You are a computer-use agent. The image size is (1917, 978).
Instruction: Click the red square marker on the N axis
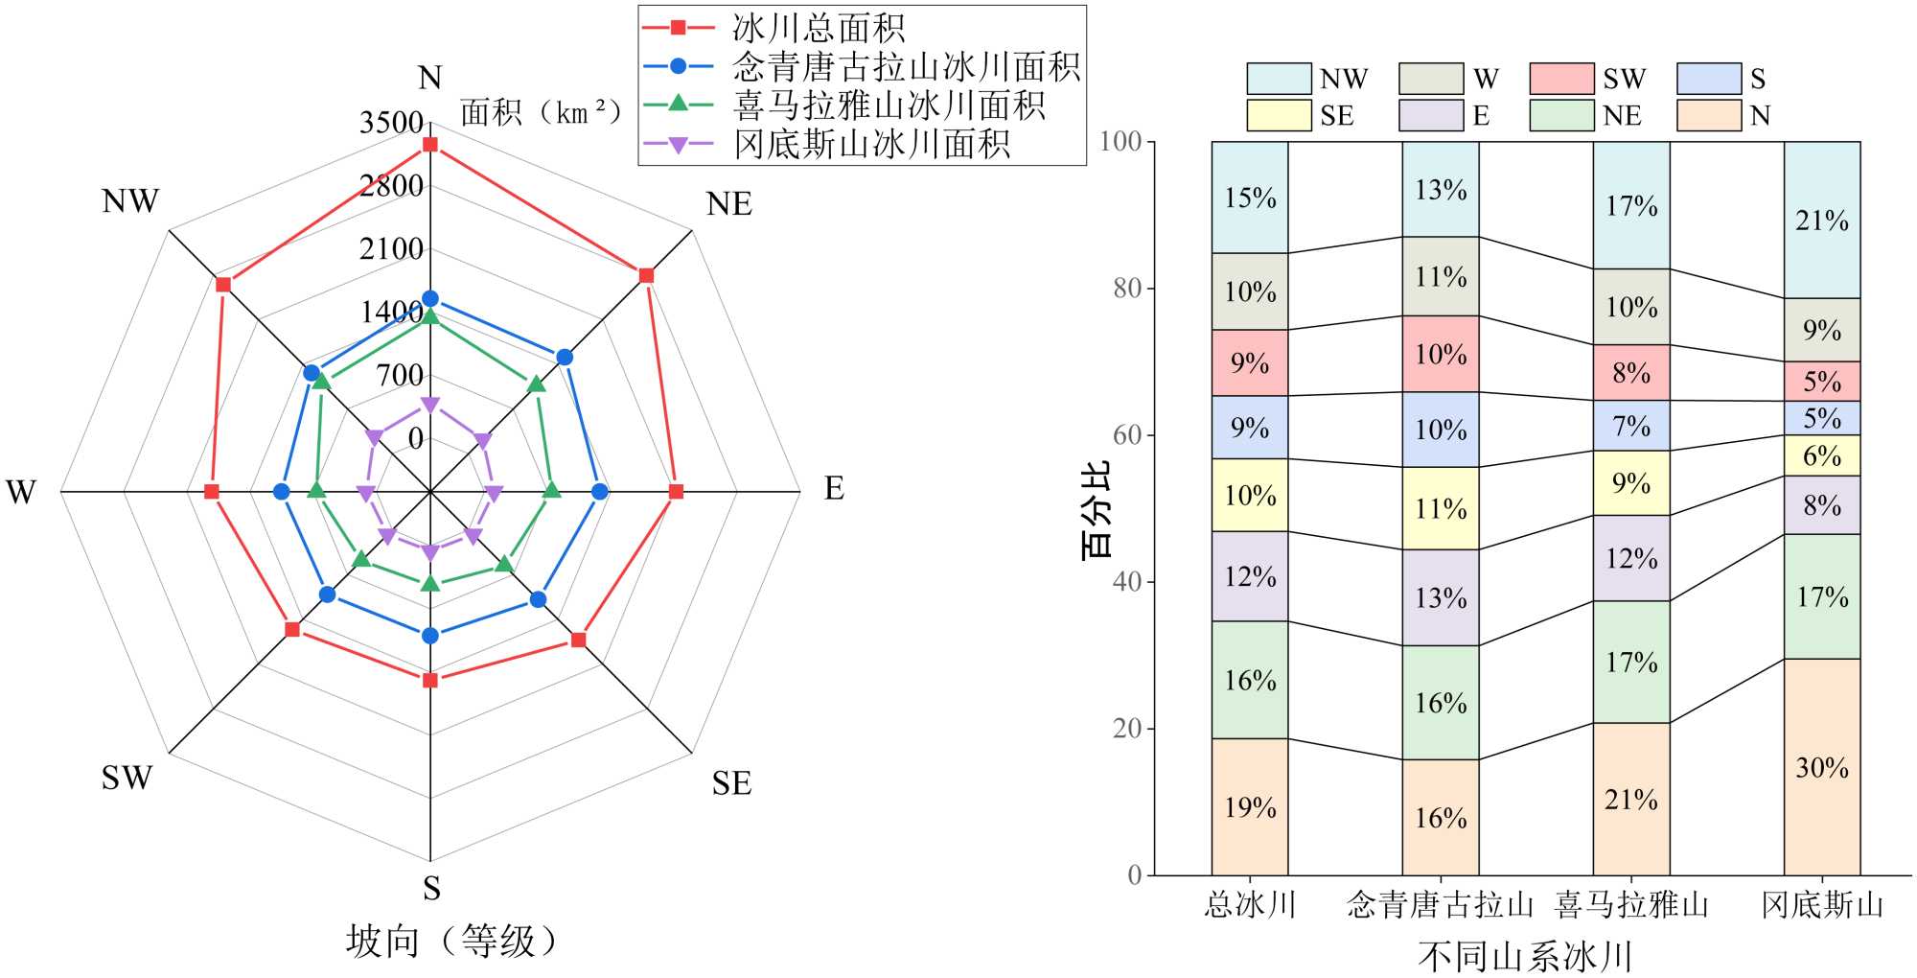pyautogui.click(x=430, y=145)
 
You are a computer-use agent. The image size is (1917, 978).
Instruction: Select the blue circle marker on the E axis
pyautogui.click(x=599, y=492)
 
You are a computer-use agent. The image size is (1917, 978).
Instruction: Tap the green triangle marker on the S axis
pyautogui.click(x=430, y=583)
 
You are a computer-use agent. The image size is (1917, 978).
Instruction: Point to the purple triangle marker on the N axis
pyautogui.click(x=430, y=406)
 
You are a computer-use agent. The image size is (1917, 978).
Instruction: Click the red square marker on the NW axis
pyautogui.click(x=223, y=284)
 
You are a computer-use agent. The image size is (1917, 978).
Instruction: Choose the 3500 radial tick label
pyautogui.click(x=391, y=123)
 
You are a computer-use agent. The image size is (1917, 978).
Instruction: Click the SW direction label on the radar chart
pyautogui.click(x=127, y=778)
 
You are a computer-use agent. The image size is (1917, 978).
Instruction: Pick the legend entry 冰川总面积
pyautogui.click(x=819, y=28)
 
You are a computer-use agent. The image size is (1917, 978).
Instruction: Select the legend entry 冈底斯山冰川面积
pyautogui.click(x=871, y=144)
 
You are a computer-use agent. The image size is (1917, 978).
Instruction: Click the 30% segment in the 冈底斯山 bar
pyautogui.click(x=1821, y=767)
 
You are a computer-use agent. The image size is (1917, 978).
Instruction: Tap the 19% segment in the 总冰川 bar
pyautogui.click(x=1250, y=807)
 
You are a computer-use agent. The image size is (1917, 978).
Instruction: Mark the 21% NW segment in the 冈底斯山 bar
pyautogui.click(x=1821, y=221)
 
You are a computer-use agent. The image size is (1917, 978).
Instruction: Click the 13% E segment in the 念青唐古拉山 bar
pyautogui.click(x=1441, y=597)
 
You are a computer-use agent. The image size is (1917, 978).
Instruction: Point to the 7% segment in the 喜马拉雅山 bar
pyautogui.click(x=1631, y=426)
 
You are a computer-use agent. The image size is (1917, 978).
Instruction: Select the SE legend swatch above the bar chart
pyautogui.click(x=1279, y=116)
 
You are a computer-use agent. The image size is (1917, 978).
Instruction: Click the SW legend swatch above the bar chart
pyautogui.click(x=1561, y=79)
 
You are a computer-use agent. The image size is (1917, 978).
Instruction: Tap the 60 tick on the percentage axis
pyautogui.click(x=1127, y=434)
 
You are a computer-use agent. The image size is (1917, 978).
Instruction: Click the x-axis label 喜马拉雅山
pyautogui.click(x=1631, y=904)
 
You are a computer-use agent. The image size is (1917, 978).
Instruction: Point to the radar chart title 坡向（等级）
pyautogui.click(x=451, y=942)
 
